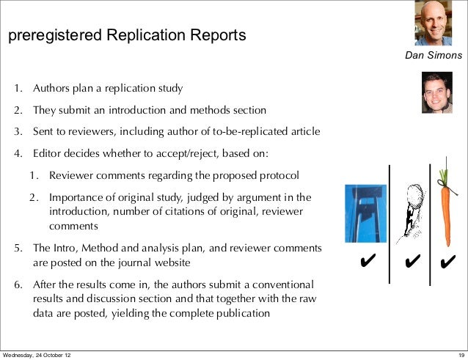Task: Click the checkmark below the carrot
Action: click(x=448, y=261)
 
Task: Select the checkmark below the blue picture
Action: click(x=368, y=261)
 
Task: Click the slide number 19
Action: click(x=458, y=355)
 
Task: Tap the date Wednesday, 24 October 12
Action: click(x=37, y=355)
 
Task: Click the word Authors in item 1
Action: click(x=49, y=89)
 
